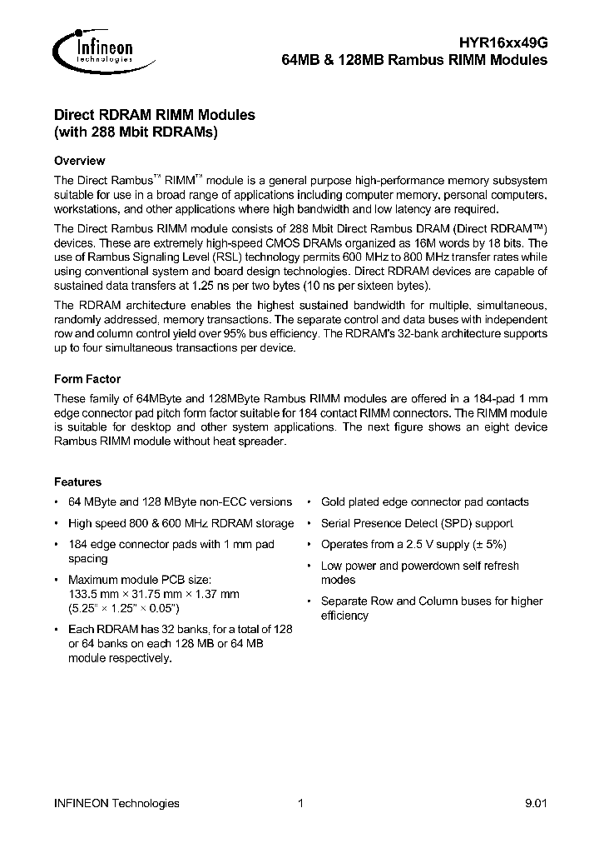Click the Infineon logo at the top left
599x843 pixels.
(92, 50)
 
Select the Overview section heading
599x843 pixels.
(79, 161)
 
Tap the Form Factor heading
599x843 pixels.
(87, 379)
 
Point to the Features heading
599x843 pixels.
(77, 481)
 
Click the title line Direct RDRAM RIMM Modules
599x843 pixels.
(154, 115)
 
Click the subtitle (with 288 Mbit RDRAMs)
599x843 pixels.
(136, 132)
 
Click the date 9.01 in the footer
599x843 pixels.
(536, 803)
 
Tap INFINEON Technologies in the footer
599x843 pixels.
(116, 803)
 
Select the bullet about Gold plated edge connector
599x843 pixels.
(424, 501)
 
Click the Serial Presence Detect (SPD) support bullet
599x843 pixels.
(417, 523)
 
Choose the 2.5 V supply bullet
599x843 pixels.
(413, 544)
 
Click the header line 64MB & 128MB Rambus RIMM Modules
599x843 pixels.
(410, 60)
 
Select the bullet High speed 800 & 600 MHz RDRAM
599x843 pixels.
(181, 523)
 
